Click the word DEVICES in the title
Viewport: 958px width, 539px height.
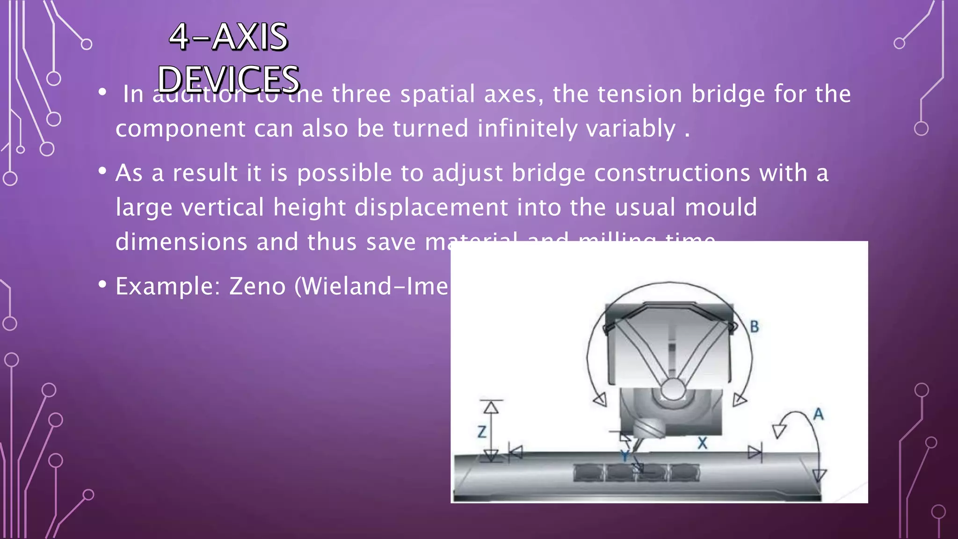(228, 79)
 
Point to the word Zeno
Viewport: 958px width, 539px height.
(257, 286)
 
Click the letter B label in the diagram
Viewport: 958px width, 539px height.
(754, 327)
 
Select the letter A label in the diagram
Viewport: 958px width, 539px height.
(818, 414)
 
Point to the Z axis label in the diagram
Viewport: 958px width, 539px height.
(482, 432)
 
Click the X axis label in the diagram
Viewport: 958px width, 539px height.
(702, 443)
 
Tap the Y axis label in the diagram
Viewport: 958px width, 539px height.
(624, 456)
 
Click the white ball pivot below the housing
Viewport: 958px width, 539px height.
(673, 389)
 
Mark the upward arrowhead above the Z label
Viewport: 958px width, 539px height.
(491, 408)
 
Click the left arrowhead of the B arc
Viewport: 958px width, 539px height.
(600, 399)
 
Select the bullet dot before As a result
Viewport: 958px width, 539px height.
(102, 171)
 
